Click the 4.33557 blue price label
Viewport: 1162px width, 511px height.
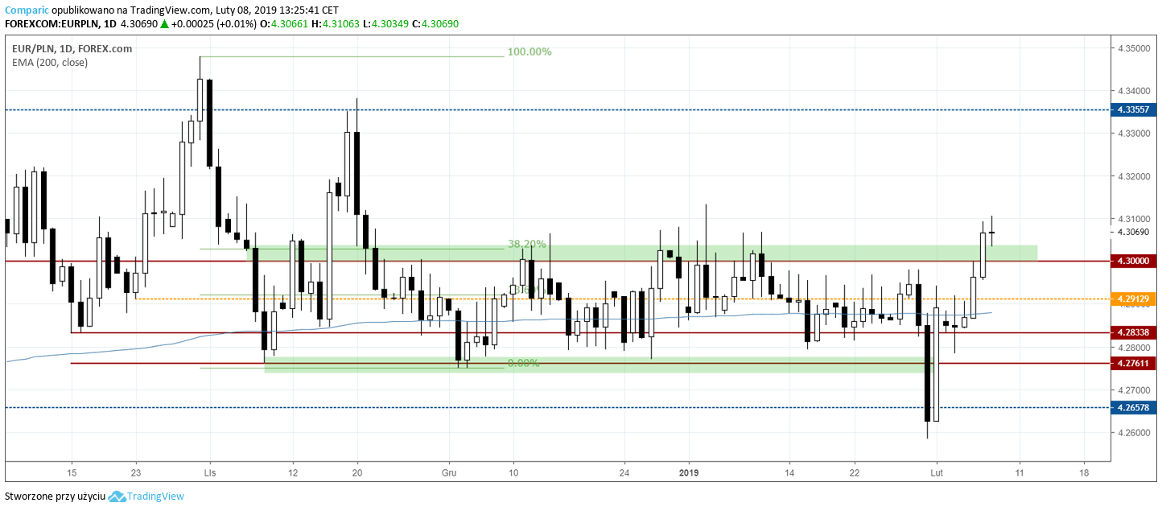click(x=1132, y=110)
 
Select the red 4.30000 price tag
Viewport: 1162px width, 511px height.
click(x=1132, y=261)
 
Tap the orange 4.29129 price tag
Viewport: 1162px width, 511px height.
click(x=1132, y=299)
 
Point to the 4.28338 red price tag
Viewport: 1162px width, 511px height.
click(x=1132, y=332)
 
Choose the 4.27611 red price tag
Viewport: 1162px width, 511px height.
click(x=1132, y=364)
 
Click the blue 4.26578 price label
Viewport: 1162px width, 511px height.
click(x=1132, y=408)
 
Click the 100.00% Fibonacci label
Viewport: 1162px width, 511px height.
click(x=529, y=52)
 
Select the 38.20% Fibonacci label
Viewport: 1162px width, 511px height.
click(x=526, y=244)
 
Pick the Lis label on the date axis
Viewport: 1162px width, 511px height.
click(x=210, y=473)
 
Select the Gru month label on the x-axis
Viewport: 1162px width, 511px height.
click(x=449, y=473)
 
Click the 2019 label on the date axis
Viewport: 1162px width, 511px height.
click(x=690, y=473)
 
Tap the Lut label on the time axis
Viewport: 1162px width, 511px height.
click(x=936, y=473)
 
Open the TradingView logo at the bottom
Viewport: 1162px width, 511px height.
click(x=146, y=497)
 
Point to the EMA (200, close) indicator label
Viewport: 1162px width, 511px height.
click(x=50, y=62)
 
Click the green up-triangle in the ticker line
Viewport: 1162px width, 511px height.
click(x=164, y=24)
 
